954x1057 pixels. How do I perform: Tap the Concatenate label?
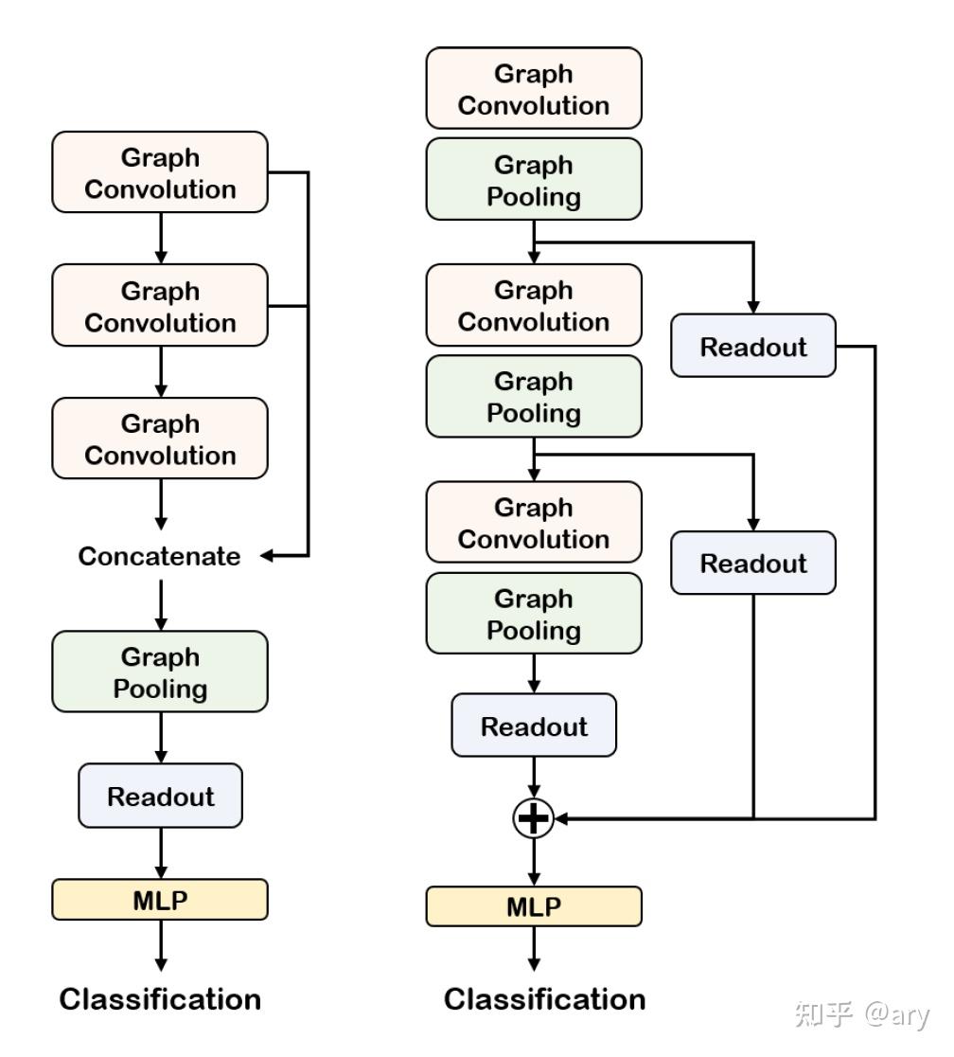(159, 556)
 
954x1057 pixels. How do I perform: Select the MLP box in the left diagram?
(160, 899)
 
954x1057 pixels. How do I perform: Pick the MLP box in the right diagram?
(534, 906)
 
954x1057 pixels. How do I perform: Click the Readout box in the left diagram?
(160, 796)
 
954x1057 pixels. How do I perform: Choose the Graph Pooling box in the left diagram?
(160, 672)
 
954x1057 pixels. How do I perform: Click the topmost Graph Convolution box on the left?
(160, 172)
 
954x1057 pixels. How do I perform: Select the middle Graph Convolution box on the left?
(160, 306)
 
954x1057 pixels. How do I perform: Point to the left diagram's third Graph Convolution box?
(160, 439)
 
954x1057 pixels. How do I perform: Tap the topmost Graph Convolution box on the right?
(534, 89)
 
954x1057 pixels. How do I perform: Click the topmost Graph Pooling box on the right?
(534, 180)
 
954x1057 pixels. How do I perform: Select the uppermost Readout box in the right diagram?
(753, 346)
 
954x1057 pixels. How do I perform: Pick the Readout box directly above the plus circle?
(534, 726)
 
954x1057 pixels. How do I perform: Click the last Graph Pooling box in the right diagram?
(534, 614)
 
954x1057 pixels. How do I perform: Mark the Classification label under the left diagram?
(160, 999)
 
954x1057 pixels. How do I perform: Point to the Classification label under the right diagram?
(545, 999)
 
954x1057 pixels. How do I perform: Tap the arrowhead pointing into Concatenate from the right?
(268, 556)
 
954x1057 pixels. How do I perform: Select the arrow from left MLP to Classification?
(161, 944)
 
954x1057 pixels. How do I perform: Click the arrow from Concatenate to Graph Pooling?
(161, 603)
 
